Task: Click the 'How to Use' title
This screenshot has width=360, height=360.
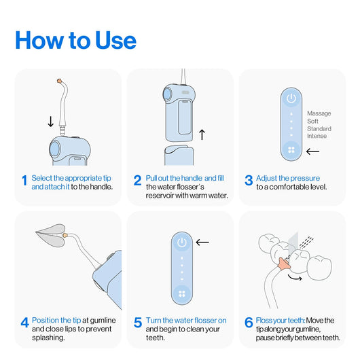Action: coord(75,39)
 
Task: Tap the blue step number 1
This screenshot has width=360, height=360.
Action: coord(24,181)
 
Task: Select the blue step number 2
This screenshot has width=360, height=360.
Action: coord(137,181)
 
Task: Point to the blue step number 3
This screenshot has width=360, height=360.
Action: coord(249,181)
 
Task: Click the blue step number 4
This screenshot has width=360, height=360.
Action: coord(24,323)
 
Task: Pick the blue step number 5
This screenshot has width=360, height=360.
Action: coord(137,323)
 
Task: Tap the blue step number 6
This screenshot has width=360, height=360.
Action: coord(249,323)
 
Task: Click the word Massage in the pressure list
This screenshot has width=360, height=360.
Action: coord(319,113)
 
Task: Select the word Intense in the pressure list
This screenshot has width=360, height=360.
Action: coord(317,136)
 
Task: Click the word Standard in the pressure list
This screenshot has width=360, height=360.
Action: coord(319,128)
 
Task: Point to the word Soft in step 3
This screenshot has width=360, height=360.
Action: coord(314,121)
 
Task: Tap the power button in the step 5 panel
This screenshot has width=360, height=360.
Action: coord(181,242)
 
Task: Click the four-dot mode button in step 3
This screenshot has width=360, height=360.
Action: coord(291,150)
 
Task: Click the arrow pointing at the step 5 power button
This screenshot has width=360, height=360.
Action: coord(202,241)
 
